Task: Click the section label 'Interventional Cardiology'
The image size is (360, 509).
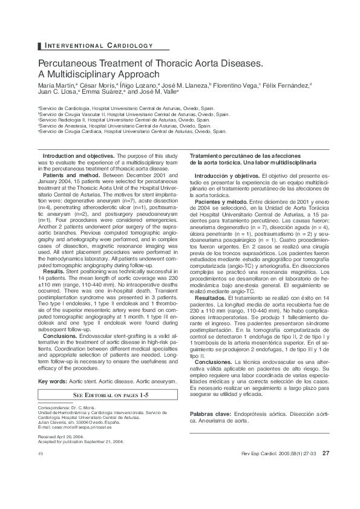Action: point(97,45)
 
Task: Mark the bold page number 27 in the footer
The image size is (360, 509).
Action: point(326,453)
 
